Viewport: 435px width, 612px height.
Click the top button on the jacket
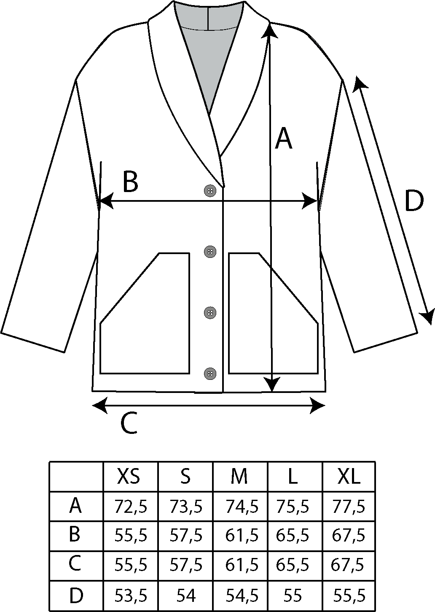(x=210, y=191)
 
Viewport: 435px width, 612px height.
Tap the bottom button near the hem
(x=210, y=374)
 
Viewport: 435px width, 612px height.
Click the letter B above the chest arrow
(x=130, y=182)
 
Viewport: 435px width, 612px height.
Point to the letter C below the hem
(x=129, y=423)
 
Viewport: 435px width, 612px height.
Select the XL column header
(x=349, y=477)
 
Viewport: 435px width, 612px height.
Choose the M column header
(x=239, y=477)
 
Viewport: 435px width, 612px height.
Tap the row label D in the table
(x=75, y=596)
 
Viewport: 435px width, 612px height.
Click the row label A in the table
(x=75, y=506)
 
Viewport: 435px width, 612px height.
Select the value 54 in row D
(x=185, y=596)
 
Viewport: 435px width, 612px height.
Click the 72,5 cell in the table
(x=131, y=506)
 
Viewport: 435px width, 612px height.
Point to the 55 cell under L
(x=294, y=596)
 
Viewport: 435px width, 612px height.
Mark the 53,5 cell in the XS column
(x=131, y=596)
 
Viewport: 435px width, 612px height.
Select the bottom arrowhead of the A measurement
(x=273, y=385)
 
